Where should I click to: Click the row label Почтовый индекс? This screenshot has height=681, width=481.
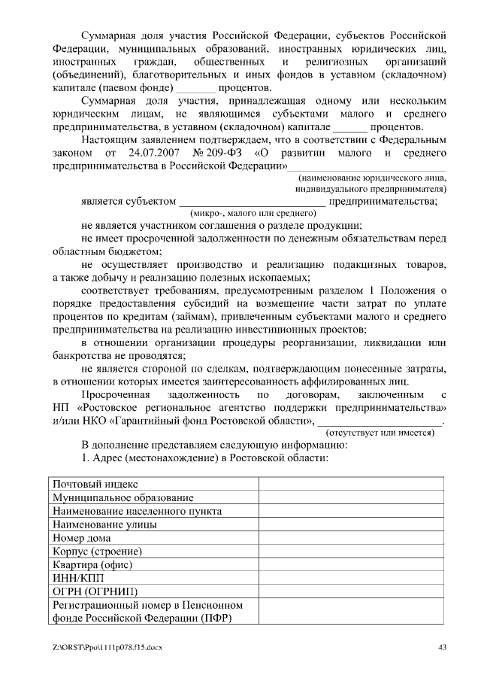[95, 485]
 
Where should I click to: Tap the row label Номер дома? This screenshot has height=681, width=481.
[82, 537]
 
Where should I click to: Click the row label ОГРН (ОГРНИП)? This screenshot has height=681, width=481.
[95, 591]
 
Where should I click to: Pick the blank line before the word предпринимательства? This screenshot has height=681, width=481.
[251, 201]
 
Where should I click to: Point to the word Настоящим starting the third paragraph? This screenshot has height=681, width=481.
[110, 139]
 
